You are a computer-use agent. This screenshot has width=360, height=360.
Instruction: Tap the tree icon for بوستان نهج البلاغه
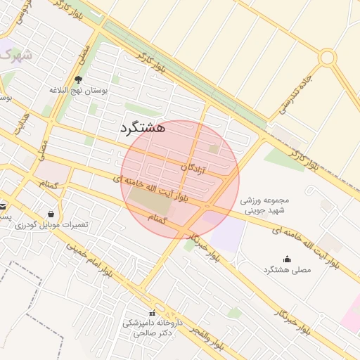[78, 80]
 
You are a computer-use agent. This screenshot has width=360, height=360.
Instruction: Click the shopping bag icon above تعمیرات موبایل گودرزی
[51, 214]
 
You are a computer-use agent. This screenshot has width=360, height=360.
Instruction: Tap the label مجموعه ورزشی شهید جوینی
[265, 205]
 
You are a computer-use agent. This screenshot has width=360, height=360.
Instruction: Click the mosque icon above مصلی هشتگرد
[287, 259]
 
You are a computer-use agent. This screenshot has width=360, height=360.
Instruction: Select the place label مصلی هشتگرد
[287, 270]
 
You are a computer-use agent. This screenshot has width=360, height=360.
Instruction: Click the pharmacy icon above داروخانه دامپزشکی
[152, 313]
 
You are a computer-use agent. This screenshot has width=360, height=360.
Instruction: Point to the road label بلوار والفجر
[201, 340]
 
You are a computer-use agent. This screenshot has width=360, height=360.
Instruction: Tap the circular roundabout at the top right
[328, 58]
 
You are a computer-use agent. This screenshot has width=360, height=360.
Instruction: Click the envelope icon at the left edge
[3, 207]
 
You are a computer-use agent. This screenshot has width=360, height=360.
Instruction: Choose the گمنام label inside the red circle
[158, 219]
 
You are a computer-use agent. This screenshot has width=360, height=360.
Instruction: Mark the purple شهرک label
[16, 54]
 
